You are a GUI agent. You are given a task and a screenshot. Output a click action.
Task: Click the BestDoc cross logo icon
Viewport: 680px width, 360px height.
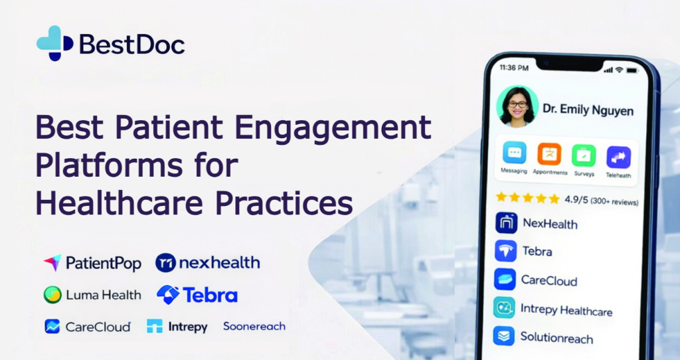click(54, 43)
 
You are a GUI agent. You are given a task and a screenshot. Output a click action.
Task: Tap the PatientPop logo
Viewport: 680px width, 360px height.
click(92, 263)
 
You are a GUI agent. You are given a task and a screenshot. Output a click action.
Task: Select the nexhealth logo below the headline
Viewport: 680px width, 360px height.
click(207, 263)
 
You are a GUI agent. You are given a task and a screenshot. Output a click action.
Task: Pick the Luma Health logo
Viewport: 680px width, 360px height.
click(92, 295)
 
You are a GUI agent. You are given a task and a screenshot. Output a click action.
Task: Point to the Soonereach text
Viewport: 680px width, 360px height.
click(254, 326)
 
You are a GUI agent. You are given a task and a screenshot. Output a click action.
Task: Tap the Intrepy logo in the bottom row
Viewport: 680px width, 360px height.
click(177, 327)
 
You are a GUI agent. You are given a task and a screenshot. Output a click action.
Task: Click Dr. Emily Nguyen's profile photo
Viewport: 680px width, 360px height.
click(517, 106)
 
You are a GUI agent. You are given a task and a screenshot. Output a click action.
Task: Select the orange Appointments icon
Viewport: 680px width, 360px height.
click(549, 154)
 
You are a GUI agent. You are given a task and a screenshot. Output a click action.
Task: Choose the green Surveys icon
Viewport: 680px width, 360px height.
click(584, 155)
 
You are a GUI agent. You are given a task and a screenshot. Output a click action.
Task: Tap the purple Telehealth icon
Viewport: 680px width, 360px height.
click(618, 157)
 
